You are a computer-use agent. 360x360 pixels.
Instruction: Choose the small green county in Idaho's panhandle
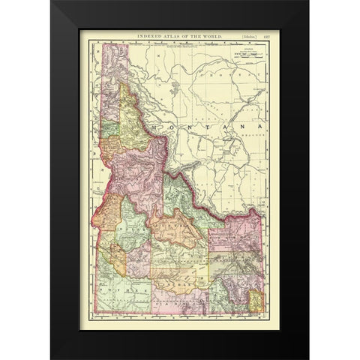tap(109, 129)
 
